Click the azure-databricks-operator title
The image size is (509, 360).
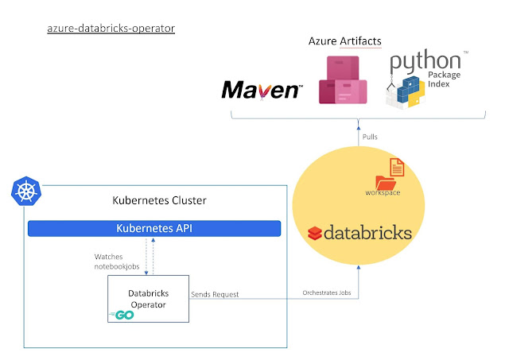pos(111,28)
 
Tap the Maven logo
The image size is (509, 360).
pos(262,89)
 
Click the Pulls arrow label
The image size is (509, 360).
pos(370,137)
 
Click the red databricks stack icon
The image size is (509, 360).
pos(316,233)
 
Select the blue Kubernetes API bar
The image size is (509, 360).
pos(154,228)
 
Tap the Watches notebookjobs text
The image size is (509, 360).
pos(116,260)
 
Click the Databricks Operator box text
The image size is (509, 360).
pos(149,298)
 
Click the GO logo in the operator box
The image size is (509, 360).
pos(122,315)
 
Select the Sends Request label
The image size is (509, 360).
pos(215,294)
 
